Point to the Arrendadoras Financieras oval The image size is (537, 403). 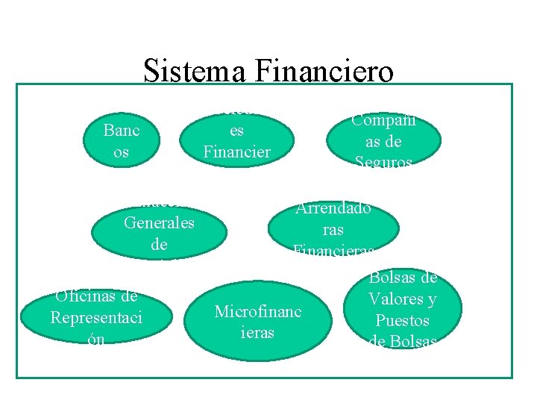tap(333, 229)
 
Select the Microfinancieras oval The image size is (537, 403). tap(257, 322)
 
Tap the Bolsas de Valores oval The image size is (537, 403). tap(403, 309)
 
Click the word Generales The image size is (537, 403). tap(159, 223)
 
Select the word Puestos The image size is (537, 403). tap(403, 320)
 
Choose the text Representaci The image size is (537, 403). tap(96, 316)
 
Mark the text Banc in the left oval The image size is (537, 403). tap(122, 131)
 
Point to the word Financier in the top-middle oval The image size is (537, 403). tap(237, 151)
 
